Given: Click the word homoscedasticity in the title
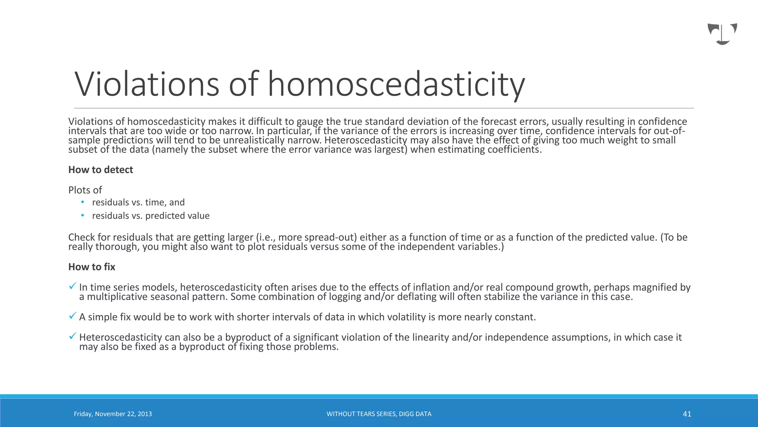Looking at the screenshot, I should pyautogui.click(x=396, y=85).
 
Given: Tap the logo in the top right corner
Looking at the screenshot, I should pyautogui.click(x=722, y=34).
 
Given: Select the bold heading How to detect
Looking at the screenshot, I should pyautogui.click(x=100, y=170).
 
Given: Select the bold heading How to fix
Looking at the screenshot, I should pyautogui.click(x=91, y=267).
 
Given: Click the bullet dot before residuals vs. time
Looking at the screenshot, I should pyautogui.click(x=83, y=202).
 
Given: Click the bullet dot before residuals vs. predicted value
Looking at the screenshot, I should pyautogui.click(x=83, y=215).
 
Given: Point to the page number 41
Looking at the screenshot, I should pyautogui.click(x=687, y=414).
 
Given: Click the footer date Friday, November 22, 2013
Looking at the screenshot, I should pyautogui.click(x=113, y=414).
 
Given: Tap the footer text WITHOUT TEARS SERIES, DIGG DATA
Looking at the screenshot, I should pyautogui.click(x=379, y=414).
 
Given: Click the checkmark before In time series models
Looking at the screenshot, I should pyautogui.click(x=73, y=286).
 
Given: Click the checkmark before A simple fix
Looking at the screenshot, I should pyautogui.click(x=73, y=316).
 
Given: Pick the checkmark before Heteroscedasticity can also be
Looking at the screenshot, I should pyautogui.click(x=73, y=336).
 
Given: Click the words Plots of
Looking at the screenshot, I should pyautogui.click(x=85, y=190).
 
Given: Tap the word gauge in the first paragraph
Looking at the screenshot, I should pyautogui.click(x=309, y=122).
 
